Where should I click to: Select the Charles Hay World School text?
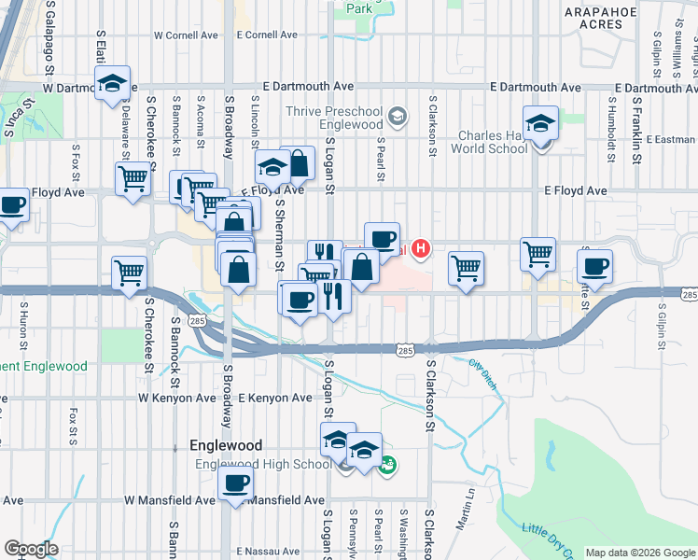493,141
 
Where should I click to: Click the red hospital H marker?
422,248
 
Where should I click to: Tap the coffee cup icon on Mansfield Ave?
235,483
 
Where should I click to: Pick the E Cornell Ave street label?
267,35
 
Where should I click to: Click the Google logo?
31,549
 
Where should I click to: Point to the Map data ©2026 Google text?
639,553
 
